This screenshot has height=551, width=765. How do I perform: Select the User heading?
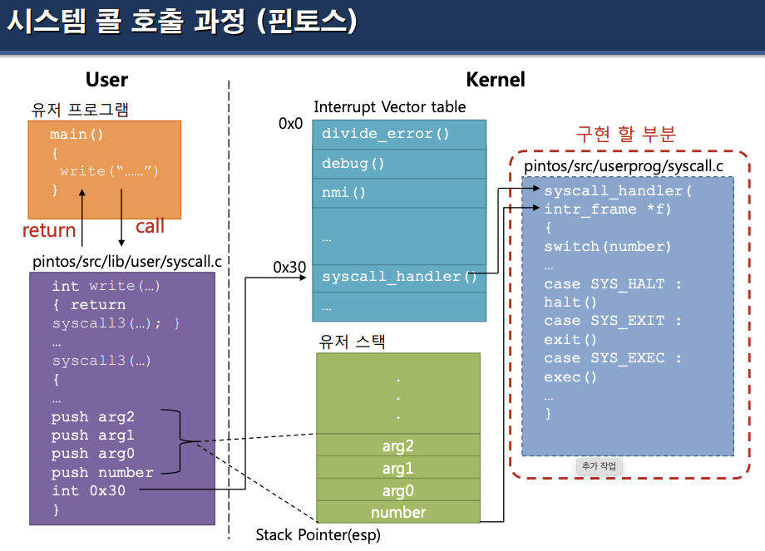pos(106,80)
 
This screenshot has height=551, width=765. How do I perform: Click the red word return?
pos(49,230)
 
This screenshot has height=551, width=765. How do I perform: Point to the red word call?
pos(150,226)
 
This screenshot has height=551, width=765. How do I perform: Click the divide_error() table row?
pos(399,134)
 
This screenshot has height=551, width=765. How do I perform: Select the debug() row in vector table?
pos(399,164)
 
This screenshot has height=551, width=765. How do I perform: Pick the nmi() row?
pos(399,193)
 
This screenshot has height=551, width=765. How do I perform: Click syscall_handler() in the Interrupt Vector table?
pos(399,277)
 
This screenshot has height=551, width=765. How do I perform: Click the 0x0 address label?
pos(291,124)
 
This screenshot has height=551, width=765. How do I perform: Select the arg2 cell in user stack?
pos(397,446)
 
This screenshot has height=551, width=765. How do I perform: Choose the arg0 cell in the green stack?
pos(397,490)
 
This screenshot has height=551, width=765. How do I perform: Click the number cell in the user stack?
pos(397,512)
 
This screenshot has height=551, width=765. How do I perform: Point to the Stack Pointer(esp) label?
pos(318,534)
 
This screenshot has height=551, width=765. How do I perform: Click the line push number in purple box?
pos(102,472)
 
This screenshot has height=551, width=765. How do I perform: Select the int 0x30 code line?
pos(89,490)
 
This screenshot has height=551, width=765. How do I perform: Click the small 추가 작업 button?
pos(600,466)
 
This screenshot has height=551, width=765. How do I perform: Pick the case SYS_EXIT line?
pos(613,321)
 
